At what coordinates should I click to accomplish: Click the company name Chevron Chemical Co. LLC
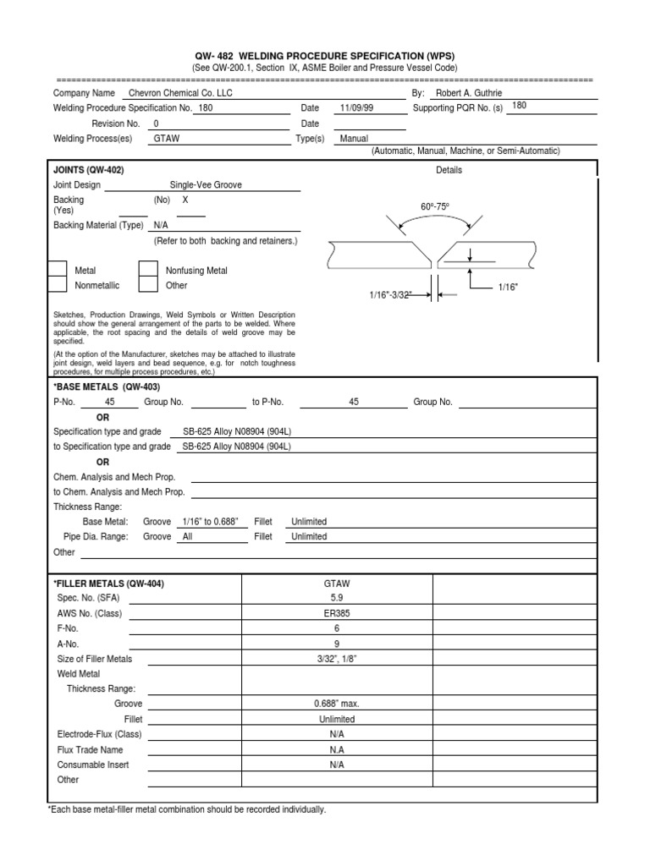(179, 93)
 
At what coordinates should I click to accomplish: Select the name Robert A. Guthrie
(470, 93)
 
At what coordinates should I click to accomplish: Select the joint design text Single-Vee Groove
(206, 184)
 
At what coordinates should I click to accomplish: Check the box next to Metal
(56, 270)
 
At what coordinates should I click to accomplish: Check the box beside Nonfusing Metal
(148, 270)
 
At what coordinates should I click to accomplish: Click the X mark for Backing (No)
(185, 200)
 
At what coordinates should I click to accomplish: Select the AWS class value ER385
(338, 612)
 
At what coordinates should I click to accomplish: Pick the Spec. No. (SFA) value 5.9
(338, 597)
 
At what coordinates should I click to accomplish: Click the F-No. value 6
(338, 628)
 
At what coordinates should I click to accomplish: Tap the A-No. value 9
(338, 644)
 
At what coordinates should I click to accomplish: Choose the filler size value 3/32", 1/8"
(338, 659)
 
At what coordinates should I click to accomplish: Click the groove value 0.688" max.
(338, 704)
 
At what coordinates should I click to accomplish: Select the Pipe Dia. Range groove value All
(188, 536)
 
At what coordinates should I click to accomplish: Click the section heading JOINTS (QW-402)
(89, 170)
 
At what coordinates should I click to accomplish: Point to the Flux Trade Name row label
(90, 749)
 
